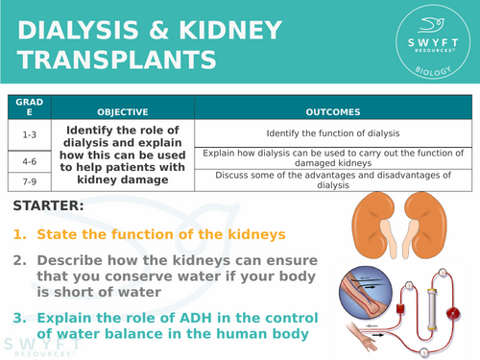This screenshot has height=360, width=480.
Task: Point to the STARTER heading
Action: coord(49,206)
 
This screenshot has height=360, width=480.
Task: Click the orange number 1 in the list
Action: coord(20,234)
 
